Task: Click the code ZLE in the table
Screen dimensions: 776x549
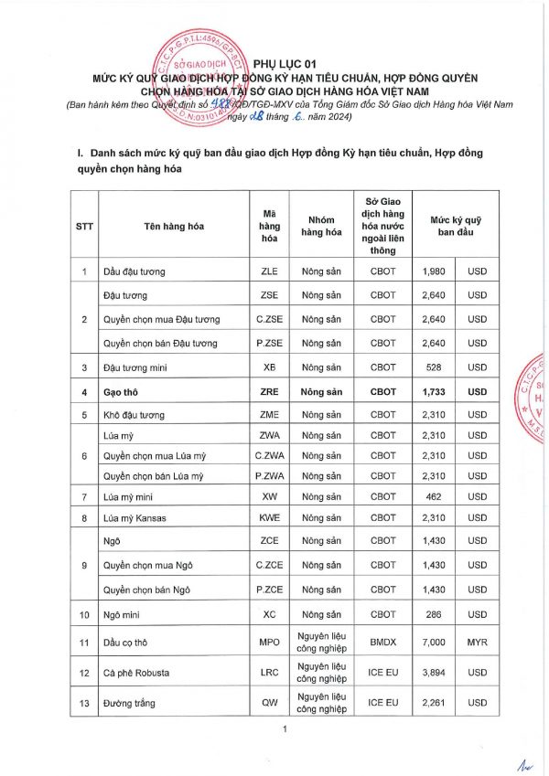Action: [x=269, y=271]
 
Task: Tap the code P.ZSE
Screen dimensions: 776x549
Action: [x=269, y=343]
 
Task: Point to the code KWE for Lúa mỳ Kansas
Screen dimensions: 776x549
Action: [x=269, y=518]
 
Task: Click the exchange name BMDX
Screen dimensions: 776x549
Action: [x=382, y=643]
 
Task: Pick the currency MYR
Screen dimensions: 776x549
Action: [x=478, y=643]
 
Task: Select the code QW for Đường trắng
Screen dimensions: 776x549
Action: [x=269, y=703]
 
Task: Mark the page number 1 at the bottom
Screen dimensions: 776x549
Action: [x=285, y=728]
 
